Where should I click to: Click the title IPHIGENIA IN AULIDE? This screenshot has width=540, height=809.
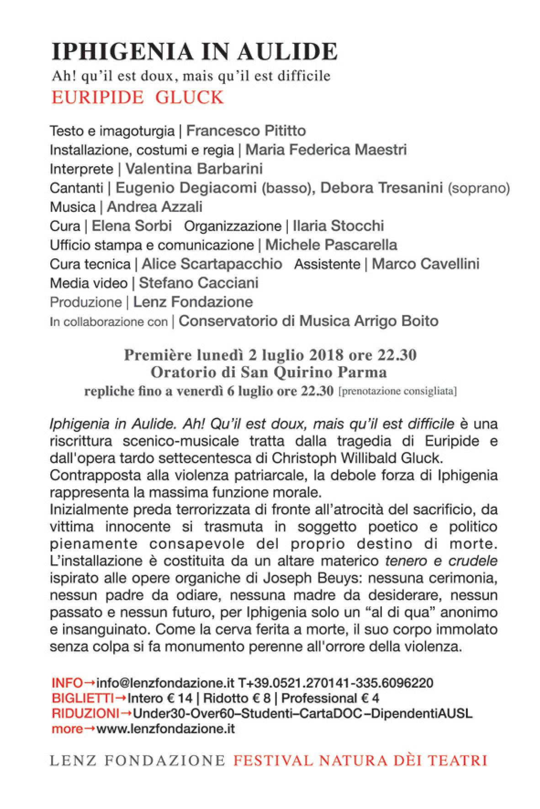point(194,52)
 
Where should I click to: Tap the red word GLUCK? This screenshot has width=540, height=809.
point(189,98)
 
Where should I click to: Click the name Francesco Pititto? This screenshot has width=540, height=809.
point(246,131)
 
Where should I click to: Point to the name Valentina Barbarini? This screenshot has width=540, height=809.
point(194,169)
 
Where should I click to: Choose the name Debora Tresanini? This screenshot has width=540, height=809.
point(381,188)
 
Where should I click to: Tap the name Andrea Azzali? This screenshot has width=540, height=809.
point(154,207)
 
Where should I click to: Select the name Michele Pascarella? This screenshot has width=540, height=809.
point(331,245)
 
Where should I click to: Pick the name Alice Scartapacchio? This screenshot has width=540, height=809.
point(212,264)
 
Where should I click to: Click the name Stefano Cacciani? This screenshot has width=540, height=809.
point(199,283)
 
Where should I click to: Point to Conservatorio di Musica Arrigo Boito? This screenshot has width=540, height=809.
point(308,321)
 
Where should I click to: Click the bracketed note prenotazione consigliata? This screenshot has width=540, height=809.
point(397,392)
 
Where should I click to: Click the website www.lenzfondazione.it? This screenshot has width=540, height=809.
point(166,729)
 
